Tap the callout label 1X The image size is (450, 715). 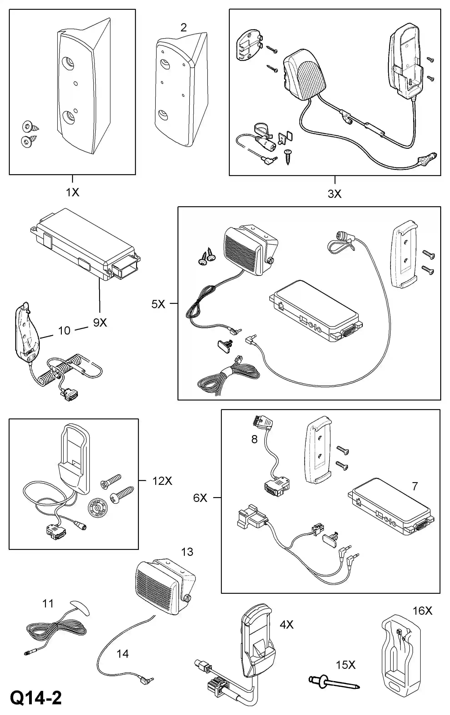tap(72, 192)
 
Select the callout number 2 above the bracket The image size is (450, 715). tap(183, 28)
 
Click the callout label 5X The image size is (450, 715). tap(158, 304)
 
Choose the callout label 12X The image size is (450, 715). tap(162, 481)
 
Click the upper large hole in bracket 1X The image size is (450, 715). tap(69, 63)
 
